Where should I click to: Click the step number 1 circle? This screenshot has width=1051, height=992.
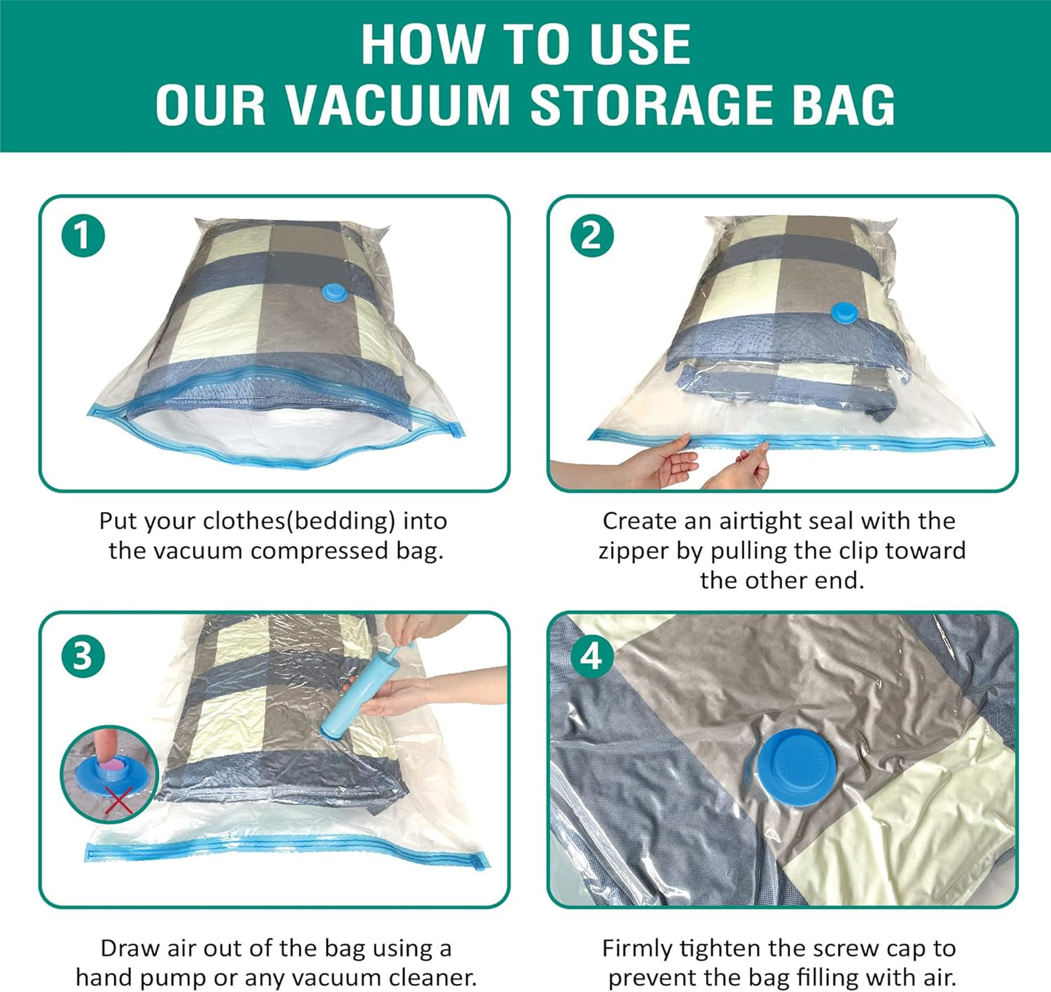pos(83,236)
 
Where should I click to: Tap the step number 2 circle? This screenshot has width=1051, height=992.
pos(591,236)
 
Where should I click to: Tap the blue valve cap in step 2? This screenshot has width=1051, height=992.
pos(844,313)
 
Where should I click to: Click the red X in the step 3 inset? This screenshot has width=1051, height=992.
pos(118,801)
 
